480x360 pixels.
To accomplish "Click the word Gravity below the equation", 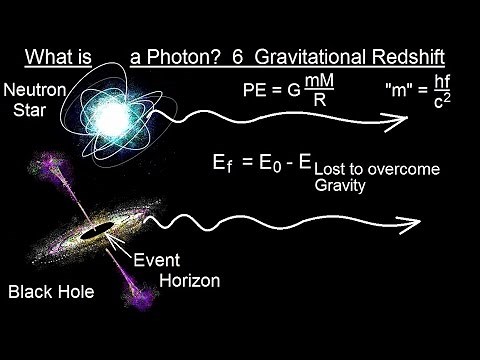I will (340, 186).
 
